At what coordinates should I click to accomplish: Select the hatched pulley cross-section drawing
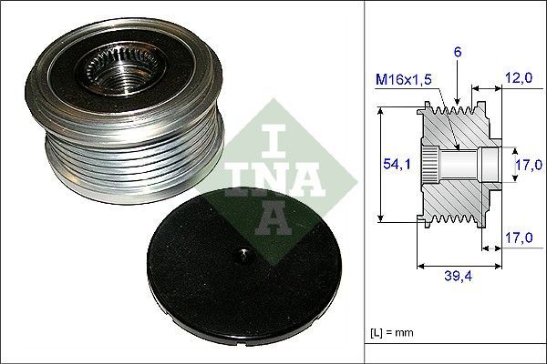pyautogui.click(x=456, y=164)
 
